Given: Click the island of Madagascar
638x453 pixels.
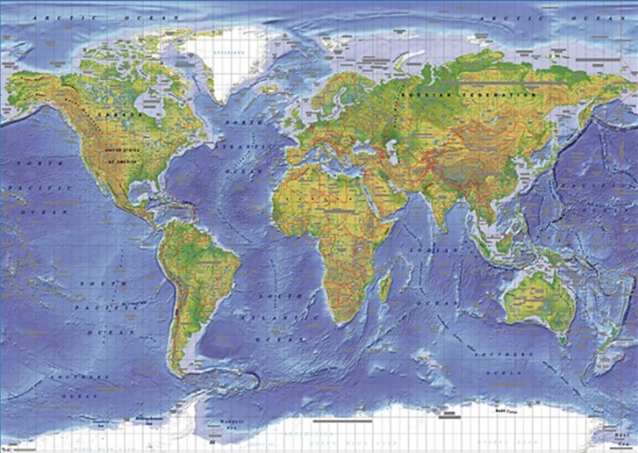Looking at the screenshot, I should pos(385,286).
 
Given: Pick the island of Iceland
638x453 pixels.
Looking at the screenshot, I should pos(270,89).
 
